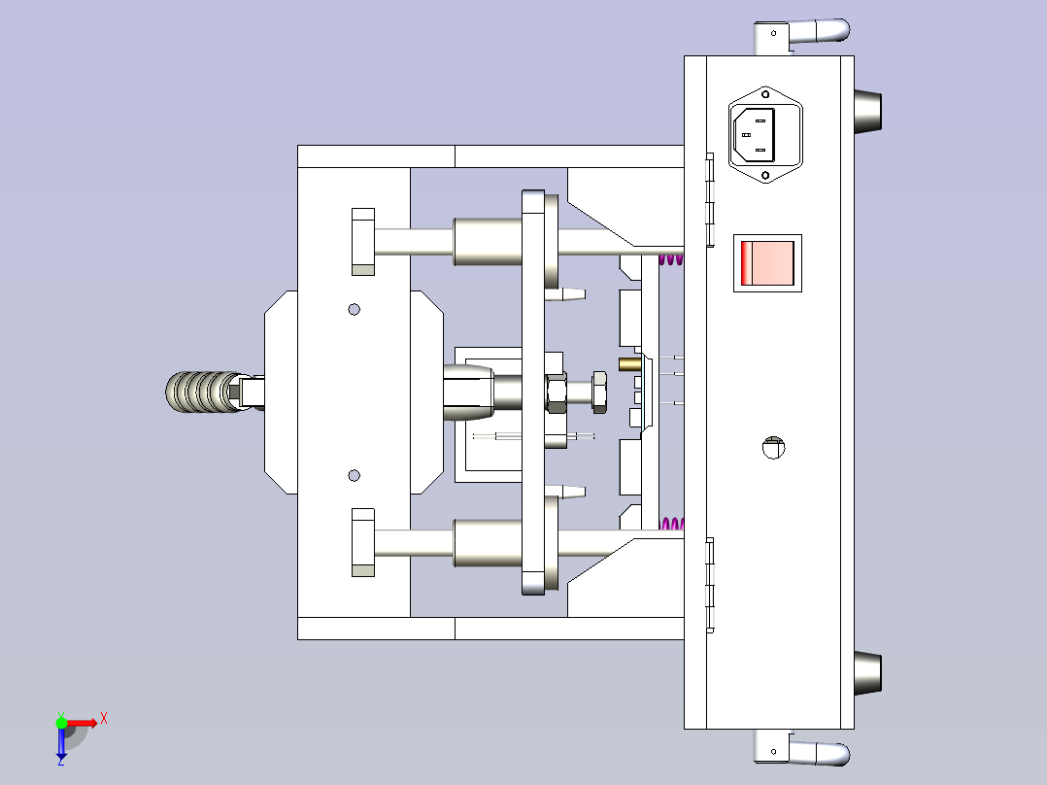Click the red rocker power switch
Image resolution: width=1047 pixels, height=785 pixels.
pyautogui.click(x=766, y=262)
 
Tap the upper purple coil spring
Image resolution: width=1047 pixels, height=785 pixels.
pyautogui.click(x=670, y=258)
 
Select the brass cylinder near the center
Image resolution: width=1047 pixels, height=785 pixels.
pyautogui.click(x=629, y=364)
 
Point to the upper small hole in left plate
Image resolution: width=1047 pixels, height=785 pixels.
pyautogui.click(x=354, y=309)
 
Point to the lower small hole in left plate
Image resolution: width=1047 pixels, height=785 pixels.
pyautogui.click(x=354, y=475)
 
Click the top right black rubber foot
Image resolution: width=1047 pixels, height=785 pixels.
pyautogui.click(x=867, y=112)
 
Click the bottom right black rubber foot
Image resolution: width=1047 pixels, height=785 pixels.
pyautogui.click(x=867, y=673)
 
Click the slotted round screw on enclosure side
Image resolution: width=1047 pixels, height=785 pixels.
pyautogui.click(x=773, y=447)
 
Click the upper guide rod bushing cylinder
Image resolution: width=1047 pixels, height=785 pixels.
pyautogui.click(x=488, y=242)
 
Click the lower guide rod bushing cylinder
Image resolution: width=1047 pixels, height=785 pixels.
pyautogui.click(x=488, y=542)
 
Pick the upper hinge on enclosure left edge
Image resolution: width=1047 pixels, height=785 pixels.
pyautogui.click(x=709, y=199)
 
